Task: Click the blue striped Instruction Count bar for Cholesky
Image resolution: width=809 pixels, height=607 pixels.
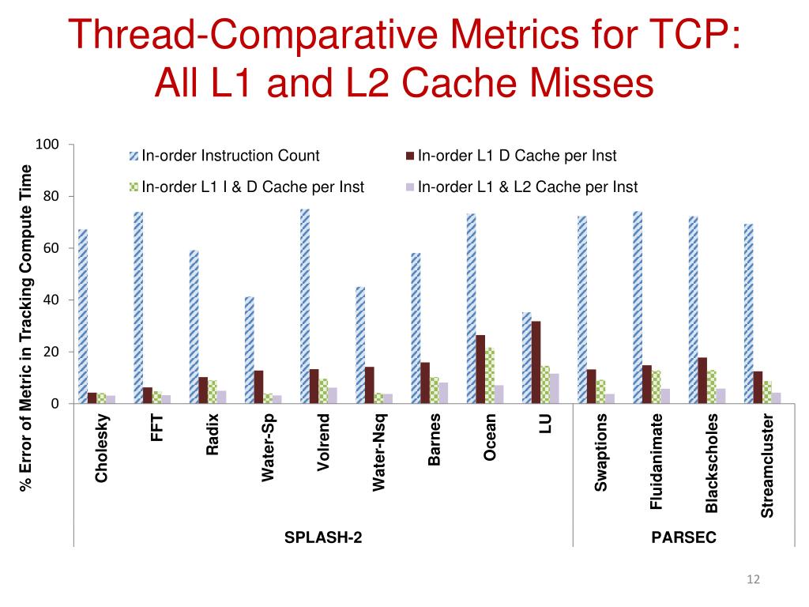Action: point(83,316)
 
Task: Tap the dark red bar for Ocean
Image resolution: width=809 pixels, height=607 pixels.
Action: point(480,369)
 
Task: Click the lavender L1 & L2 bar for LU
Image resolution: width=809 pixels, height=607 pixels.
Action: point(555,388)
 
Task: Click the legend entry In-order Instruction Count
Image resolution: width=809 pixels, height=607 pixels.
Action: point(230,156)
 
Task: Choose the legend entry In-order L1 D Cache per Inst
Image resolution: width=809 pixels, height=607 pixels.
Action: point(517,156)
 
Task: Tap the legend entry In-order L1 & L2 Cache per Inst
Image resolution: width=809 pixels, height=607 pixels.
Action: point(527,187)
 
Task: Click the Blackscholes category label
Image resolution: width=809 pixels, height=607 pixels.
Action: point(712,462)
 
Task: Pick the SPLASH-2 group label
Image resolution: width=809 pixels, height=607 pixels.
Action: point(324,537)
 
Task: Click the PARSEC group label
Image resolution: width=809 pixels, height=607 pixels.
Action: point(683,537)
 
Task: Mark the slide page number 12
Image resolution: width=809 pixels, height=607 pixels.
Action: point(752,581)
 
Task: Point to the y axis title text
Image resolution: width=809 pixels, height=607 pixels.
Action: point(26,327)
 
